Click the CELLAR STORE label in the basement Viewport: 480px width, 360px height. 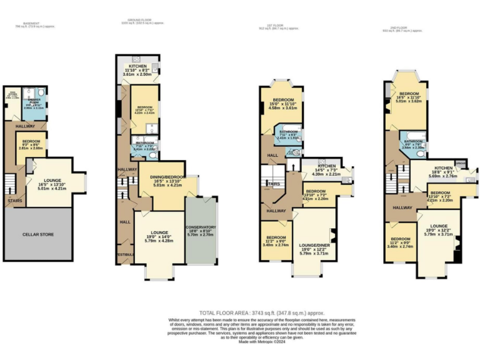39,234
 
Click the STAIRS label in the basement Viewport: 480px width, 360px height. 15,201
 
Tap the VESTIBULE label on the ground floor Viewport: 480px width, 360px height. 124,254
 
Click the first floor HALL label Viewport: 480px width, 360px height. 273,155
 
